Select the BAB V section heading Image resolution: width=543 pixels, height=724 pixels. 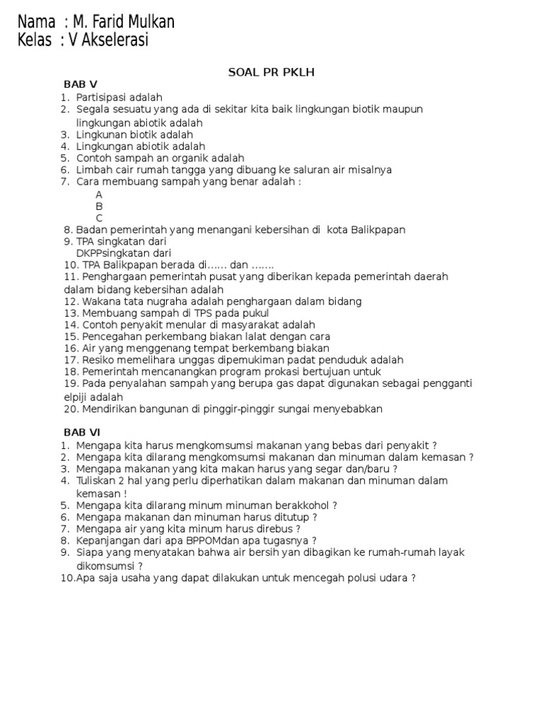pos(81,85)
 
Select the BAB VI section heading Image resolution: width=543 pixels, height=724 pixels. pos(83,432)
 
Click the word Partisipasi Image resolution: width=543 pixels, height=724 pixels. pos(103,97)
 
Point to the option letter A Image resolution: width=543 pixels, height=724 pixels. pos(99,194)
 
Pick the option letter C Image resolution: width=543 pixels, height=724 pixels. pos(99,218)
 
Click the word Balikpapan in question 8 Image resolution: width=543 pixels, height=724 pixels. pos(371,230)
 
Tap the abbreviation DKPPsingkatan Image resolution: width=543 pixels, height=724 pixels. pos(110,253)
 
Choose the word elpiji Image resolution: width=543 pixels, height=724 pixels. pos(76,397)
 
